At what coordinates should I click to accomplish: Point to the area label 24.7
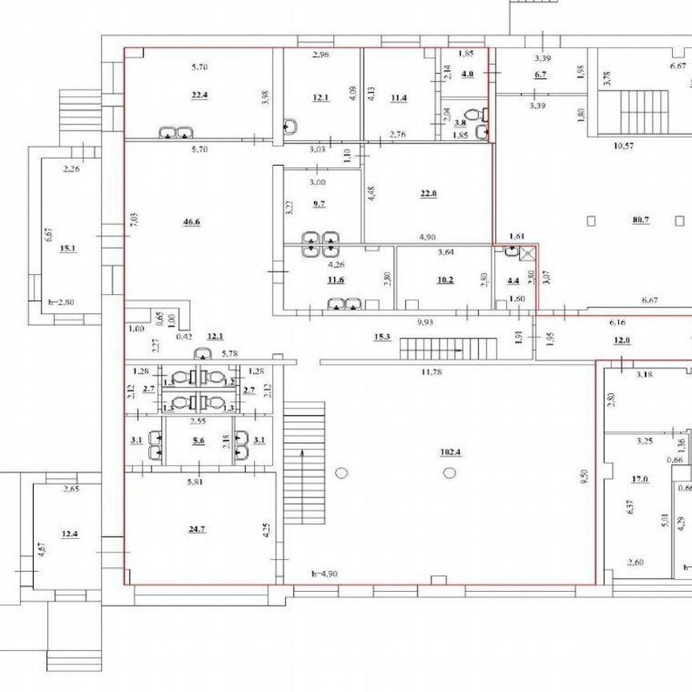click(198, 529)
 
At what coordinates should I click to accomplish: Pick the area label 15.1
click(67, 248)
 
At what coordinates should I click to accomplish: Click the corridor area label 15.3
click(381, 337)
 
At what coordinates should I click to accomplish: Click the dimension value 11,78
click(432, 371)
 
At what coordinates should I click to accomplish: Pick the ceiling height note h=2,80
click(60, 302)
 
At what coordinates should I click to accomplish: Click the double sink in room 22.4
click(175, 132)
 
